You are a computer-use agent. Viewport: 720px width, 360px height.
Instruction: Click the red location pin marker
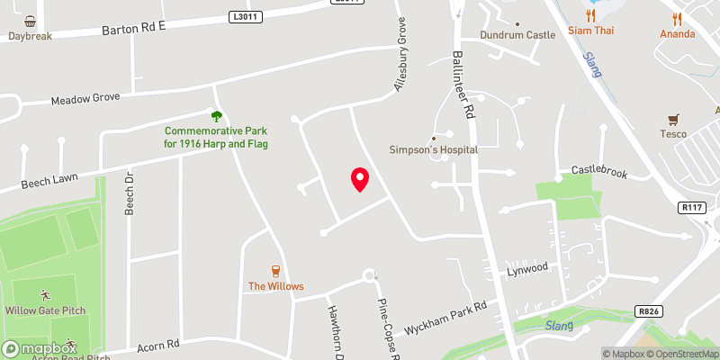359,179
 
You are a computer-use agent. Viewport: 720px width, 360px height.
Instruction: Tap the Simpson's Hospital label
433,149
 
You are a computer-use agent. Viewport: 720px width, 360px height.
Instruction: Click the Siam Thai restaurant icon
590,15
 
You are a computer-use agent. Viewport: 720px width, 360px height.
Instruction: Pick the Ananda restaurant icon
677,17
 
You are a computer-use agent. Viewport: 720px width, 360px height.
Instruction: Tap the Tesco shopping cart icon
672,119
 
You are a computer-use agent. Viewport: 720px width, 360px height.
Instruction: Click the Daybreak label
31,36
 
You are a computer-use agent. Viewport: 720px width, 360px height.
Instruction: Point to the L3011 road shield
244,16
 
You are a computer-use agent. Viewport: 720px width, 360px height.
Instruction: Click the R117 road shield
690,208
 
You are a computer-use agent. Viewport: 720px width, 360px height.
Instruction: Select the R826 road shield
647,310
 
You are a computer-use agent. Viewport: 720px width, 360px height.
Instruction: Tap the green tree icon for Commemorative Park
216,116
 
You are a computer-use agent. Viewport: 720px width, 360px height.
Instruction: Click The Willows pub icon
276,271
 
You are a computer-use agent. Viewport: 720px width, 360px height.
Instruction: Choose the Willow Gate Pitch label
45,310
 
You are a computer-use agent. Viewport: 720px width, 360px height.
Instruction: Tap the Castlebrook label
598,170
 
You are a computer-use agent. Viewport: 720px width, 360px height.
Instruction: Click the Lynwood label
526,268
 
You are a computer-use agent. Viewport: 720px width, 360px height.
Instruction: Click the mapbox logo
40,348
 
